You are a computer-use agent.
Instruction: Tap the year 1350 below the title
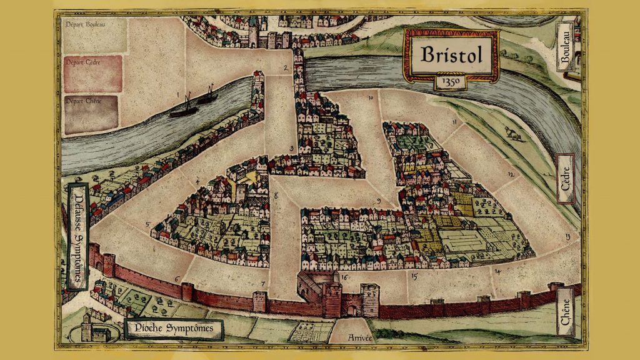pos(450,81)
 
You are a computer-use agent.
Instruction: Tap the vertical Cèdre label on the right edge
pos(566,178)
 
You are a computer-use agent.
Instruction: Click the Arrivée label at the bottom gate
pos(349,337)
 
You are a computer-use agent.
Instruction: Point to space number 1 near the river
pos(177,95)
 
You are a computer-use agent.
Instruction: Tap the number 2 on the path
pos(285,67)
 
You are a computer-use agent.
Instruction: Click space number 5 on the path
pos(147,224)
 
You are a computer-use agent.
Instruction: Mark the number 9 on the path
pos(378,201)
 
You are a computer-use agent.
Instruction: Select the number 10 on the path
pos(371,98)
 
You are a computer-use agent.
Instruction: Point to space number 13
pos(567,236)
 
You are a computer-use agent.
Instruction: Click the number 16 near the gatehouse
pos(344,276)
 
